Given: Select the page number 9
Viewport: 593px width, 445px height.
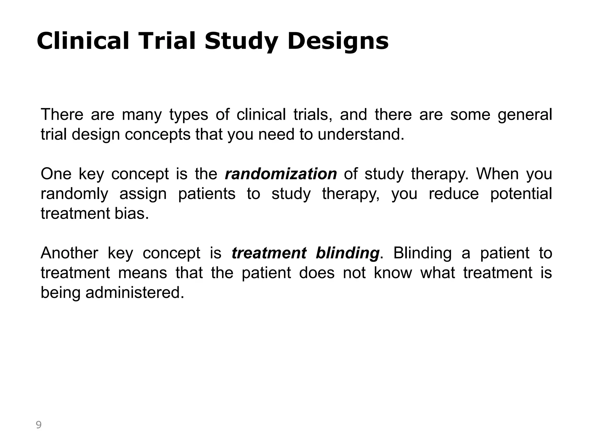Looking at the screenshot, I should (x=39, y=425).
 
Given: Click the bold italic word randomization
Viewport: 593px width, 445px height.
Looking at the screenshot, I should (x=281, y=174).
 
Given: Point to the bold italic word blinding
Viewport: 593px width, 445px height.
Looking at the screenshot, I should (x=347, y=253).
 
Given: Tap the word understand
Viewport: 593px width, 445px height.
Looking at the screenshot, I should (x=360, y=134).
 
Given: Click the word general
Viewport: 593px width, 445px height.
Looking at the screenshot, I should (x=525, y=115).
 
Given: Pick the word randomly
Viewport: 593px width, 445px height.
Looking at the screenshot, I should (x=74, y=194).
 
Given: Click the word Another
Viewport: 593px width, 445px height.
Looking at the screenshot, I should (x=69, y=253).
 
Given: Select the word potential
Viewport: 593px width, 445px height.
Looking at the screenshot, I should (x=521, y=194).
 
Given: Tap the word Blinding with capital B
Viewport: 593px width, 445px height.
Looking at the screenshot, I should (x=422, y=253).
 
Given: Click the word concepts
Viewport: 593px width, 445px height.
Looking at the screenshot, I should (x=158, y=135).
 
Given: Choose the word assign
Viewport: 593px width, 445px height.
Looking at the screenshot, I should (x=143, y=194).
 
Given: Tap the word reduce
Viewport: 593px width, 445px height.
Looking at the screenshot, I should (x=454, y=194).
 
